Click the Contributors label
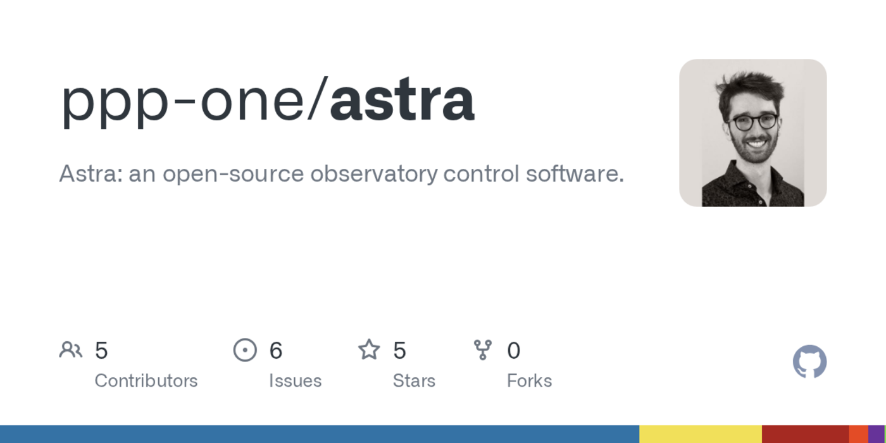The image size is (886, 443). (146, 380)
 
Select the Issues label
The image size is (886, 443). (295, 380)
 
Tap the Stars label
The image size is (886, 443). (414, 380)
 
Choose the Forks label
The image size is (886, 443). (529, 380)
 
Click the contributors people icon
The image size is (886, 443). (70, 349)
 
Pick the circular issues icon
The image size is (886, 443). (245, 349)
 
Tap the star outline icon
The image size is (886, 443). (369, 349)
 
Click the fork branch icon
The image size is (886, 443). (483, 349)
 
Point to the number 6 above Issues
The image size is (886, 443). (276, 350)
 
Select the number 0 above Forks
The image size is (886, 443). (514, 350)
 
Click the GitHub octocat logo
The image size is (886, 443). (809, 361)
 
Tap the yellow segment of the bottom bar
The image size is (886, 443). (700, 434)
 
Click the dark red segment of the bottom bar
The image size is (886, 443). (805, 434)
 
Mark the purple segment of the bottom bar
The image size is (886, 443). (877, 434)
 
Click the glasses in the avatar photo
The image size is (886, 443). (754, 122)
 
